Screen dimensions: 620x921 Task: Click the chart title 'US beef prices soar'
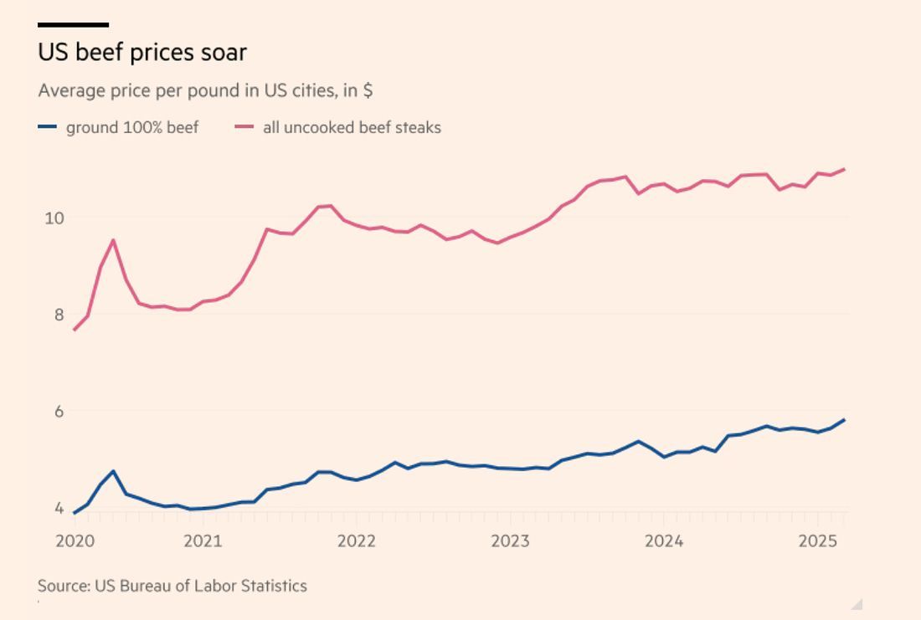tap(142, 53)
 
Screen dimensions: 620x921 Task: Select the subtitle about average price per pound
tap(205, 90)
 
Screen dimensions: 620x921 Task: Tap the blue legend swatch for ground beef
tap(48, 127)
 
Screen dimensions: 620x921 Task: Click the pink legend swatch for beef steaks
tap(244, 127)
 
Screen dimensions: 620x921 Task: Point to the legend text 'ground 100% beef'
tap(132, 128)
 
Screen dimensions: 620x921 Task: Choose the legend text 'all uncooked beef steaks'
tap(352, 128)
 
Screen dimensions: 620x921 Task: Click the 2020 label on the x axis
tap(75, 541)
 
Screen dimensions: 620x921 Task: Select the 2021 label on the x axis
tap(203, 541)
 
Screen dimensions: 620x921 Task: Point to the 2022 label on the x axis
tap(357, 541)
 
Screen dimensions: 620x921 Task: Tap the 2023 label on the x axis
tap(510, 541)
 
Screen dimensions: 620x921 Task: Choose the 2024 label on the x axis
tap(664, 541)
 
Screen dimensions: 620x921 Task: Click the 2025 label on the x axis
tap(818, 541)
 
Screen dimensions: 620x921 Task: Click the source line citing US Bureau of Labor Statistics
tap(172, 586)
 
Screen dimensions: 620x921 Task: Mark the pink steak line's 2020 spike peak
tap(113, 241)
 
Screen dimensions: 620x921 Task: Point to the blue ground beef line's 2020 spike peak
tap(113, 472)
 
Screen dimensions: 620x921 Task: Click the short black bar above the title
tap(73, 25)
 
